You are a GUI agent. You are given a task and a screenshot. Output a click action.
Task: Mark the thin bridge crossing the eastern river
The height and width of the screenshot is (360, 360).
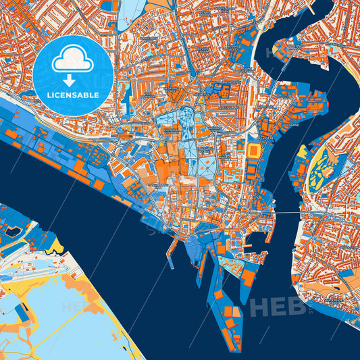(x=287, y=215)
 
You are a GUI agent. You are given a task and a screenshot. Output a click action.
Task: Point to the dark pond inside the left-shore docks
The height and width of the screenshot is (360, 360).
(x=12, y=231)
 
